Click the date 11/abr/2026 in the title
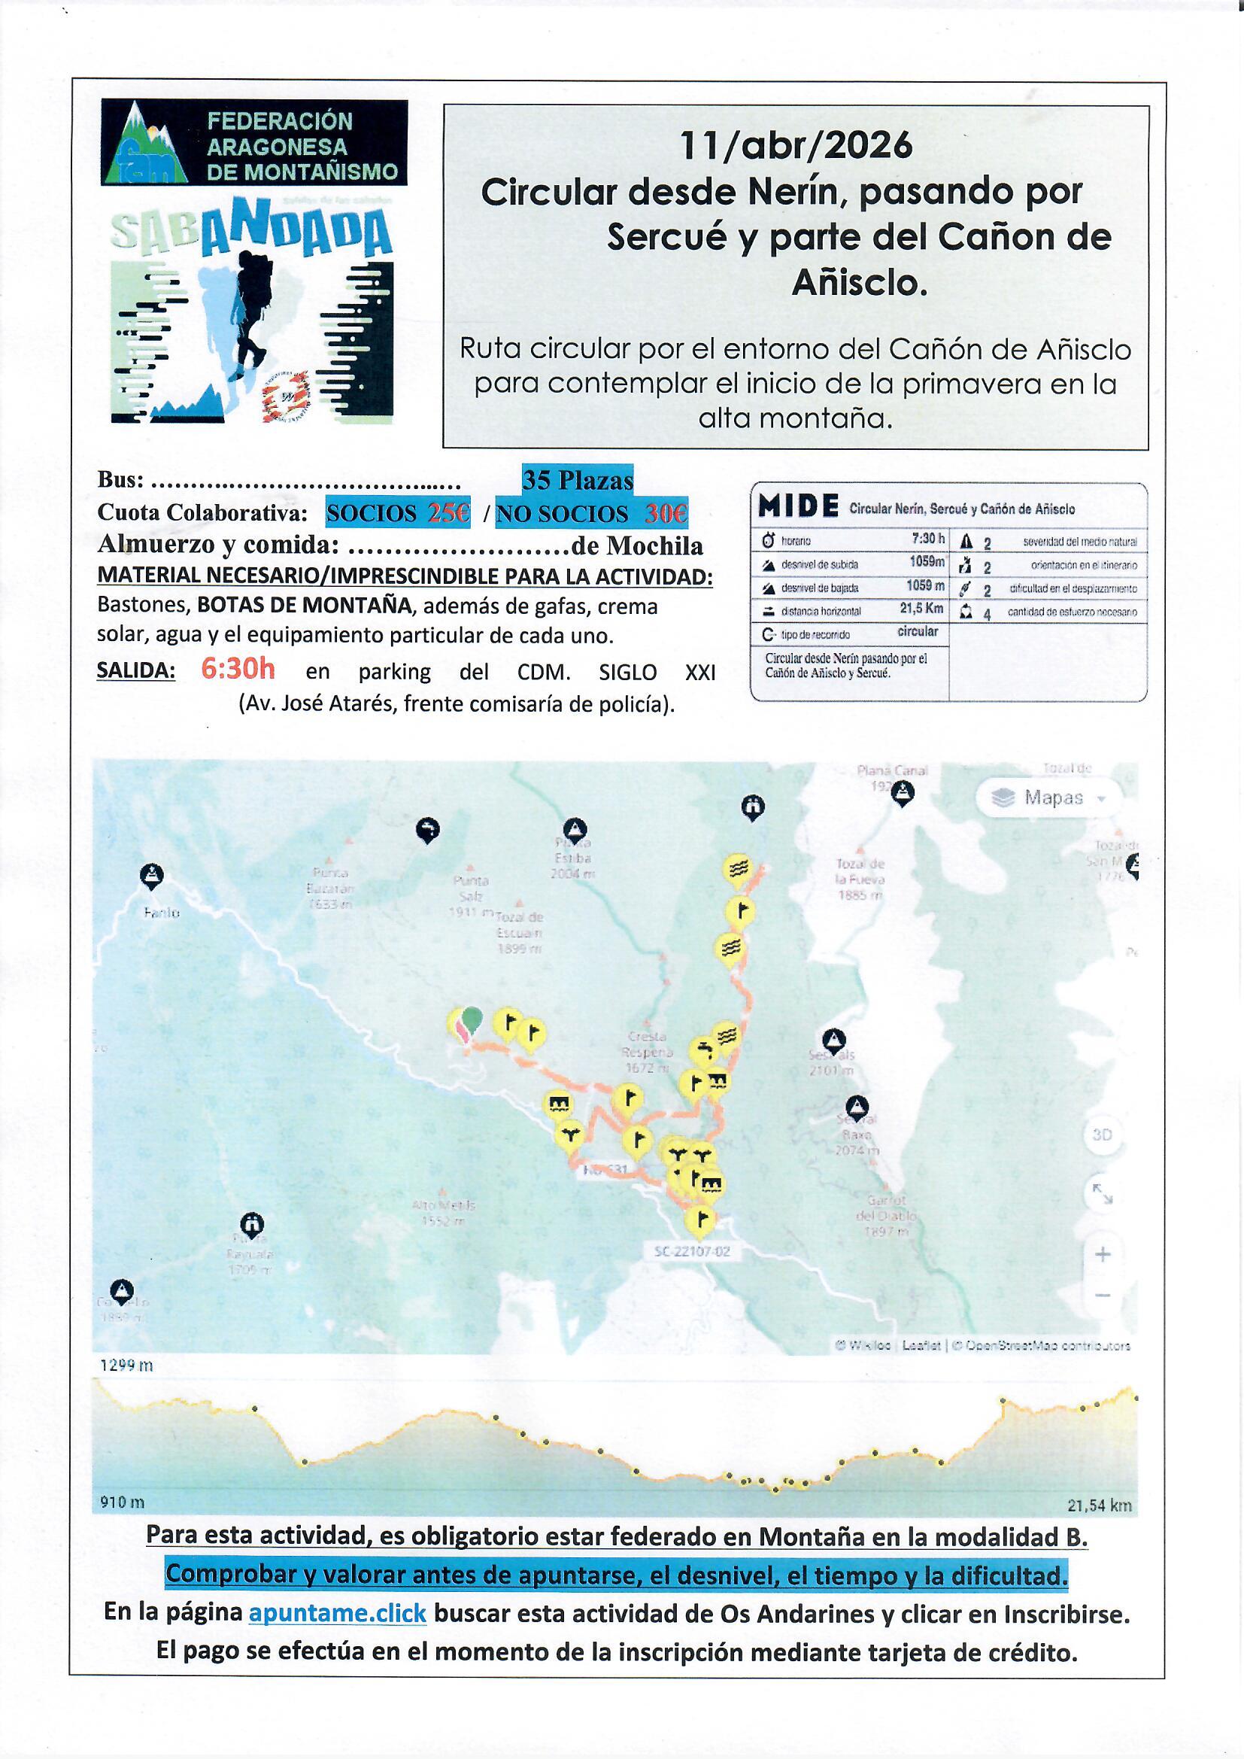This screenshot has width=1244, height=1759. (x=796, y=145)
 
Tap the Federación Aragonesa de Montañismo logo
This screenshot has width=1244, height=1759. (x=253, y=143)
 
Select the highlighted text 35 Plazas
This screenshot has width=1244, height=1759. (x=578, y=480)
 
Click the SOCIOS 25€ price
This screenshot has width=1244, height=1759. (x=398, y=512)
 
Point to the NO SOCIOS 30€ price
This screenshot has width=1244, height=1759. (x=591, y=512)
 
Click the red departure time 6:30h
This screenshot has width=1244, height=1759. (x=238, y=669)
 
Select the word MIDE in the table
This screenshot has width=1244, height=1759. (x=797, y=506)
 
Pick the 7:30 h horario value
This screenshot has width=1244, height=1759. (x=928, y=539)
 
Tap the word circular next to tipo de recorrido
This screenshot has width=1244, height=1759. (x=917, y=631)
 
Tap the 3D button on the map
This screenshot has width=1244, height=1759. (x=1102, y=1135)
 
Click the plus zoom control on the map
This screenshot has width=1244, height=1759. (x=1103, y=1254)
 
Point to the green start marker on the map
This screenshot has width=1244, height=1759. (x=473, y=1019)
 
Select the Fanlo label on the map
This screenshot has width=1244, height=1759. (x=162, y=913)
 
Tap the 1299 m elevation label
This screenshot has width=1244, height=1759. (x=126, y=1366)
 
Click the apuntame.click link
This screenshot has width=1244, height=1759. (x=337, y=1613)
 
